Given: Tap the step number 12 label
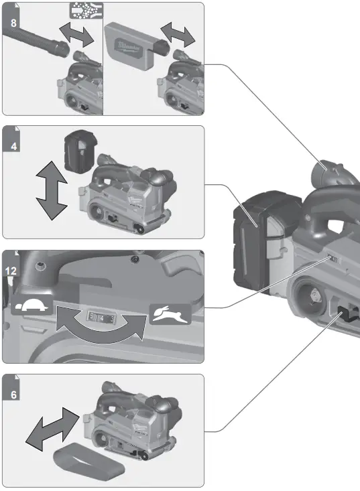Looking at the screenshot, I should [10, 271].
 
